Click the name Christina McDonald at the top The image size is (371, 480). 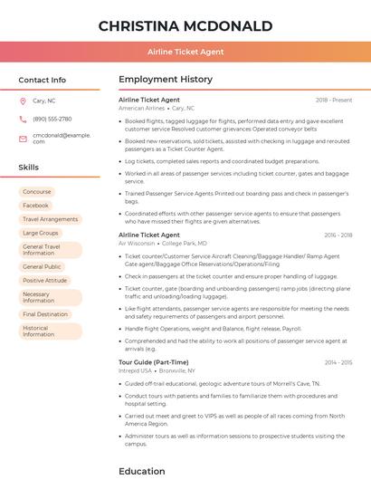coord(185,24)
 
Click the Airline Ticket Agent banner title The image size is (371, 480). coord(185,52)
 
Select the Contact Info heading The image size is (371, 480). coord(43,80)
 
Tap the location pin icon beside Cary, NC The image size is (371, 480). coord(23,101)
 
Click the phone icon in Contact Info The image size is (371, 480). coord(23,119)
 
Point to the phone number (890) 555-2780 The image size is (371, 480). coord(52,119)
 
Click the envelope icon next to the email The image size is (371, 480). coord(23,138)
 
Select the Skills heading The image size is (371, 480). coord(29,168)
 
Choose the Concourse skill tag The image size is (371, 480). coord(37,192)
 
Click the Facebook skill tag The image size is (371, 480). coord(36,206)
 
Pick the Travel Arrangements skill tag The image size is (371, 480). coord(50,219)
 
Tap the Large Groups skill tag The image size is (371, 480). coord(41,233)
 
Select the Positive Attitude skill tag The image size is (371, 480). coord(45,281)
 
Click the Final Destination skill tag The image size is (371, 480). coord(46,314)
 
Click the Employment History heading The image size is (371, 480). coord(166,80)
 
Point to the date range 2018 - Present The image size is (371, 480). coord(334,100)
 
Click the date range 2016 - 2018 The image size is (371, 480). coord(338,235)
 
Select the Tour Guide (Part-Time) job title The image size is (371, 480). coord(154,362)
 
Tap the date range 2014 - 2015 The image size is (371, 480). coord(338,362)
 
